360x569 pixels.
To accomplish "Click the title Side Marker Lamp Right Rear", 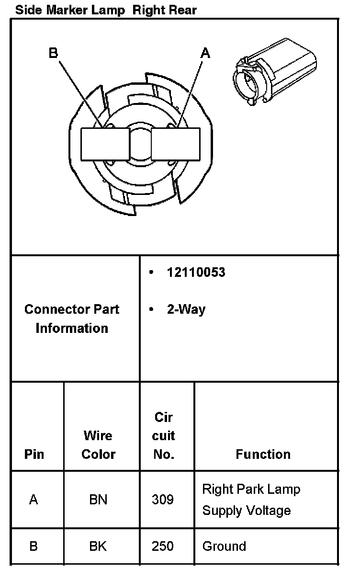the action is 106,10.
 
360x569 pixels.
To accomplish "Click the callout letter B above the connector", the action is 53,53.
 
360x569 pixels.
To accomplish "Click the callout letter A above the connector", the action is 205,53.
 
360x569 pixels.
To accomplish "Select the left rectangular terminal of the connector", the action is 104,144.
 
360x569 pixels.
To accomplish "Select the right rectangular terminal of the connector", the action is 176,144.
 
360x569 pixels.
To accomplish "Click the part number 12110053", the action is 196,273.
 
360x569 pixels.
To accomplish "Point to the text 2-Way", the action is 186,309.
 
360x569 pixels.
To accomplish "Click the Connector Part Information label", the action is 72,319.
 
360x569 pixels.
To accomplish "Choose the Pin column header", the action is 34,454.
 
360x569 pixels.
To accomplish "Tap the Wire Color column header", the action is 98,445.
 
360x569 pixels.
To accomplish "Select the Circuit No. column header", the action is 164,435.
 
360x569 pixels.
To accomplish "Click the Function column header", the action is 263,454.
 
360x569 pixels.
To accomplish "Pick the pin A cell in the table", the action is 34,500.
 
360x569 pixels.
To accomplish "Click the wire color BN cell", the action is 98,500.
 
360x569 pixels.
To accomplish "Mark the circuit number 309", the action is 163,500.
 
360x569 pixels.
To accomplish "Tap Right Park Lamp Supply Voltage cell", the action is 251,500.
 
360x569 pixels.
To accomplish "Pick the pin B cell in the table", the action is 34,546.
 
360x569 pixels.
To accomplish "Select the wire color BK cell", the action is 98,546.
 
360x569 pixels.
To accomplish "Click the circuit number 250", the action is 163,546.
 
